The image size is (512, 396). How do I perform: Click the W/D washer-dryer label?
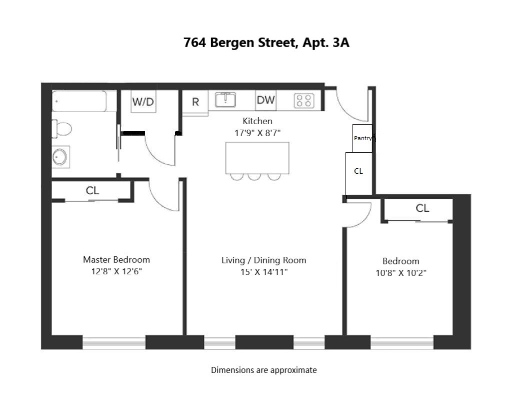pyautogui.click(x=143, y=102)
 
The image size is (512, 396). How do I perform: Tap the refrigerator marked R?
pyautogui.click(x=195, y=102)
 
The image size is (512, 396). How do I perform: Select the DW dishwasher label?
pyautogui.click(x=266, y=100)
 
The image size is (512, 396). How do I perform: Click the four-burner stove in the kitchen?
pyautogui.click(x=304, y=101)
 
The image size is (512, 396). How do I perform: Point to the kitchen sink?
pyautogui.click(x=225, y=100)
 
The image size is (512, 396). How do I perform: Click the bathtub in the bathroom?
pyautogui.click(x=79, y=101)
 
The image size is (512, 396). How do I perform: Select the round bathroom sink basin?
pyautogui.click(x=60, y=157)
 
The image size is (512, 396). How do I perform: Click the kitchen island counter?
pyautogui.click(x=257, y=158)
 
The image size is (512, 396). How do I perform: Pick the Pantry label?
pyautogui.click(x=363, y=138)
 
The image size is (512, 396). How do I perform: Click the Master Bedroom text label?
pyautogui.click(x=116, y=260)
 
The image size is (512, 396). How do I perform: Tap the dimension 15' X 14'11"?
pyautogui.click(x=264, y=272)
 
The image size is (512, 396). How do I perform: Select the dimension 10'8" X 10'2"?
pyautogui.click(x=401, y=273)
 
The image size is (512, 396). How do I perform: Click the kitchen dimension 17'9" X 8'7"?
pyautogui.click(x=257, y=133)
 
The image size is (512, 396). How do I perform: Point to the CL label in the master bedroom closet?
pyautogui.click(x=92, y=191)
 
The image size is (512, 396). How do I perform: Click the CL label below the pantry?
pyautogui.click(x=358, y=171)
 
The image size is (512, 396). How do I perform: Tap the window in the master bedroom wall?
pyautogui.click(x=113, y=342)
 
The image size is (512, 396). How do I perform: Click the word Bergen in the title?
pyautogui.click(x=232, y=43)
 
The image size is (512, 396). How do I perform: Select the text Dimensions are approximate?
pyautogui.click(x=264, y=370)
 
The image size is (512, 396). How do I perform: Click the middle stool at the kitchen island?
pyautogui.click(x=254, y=177)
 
